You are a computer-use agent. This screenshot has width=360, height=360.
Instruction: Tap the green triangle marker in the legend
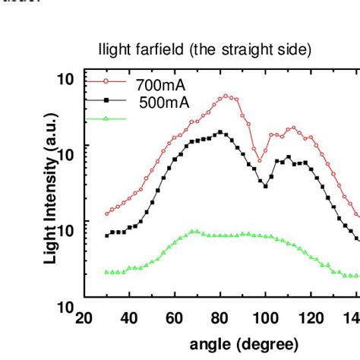106,118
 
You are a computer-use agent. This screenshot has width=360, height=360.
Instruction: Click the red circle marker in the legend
106,83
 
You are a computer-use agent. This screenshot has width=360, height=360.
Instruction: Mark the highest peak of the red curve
226,96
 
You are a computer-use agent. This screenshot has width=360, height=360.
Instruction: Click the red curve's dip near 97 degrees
259,160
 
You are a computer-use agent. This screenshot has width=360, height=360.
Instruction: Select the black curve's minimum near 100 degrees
265,185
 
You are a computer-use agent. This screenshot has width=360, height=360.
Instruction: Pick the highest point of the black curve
220,132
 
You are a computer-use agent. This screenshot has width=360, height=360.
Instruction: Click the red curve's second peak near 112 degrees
292,128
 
